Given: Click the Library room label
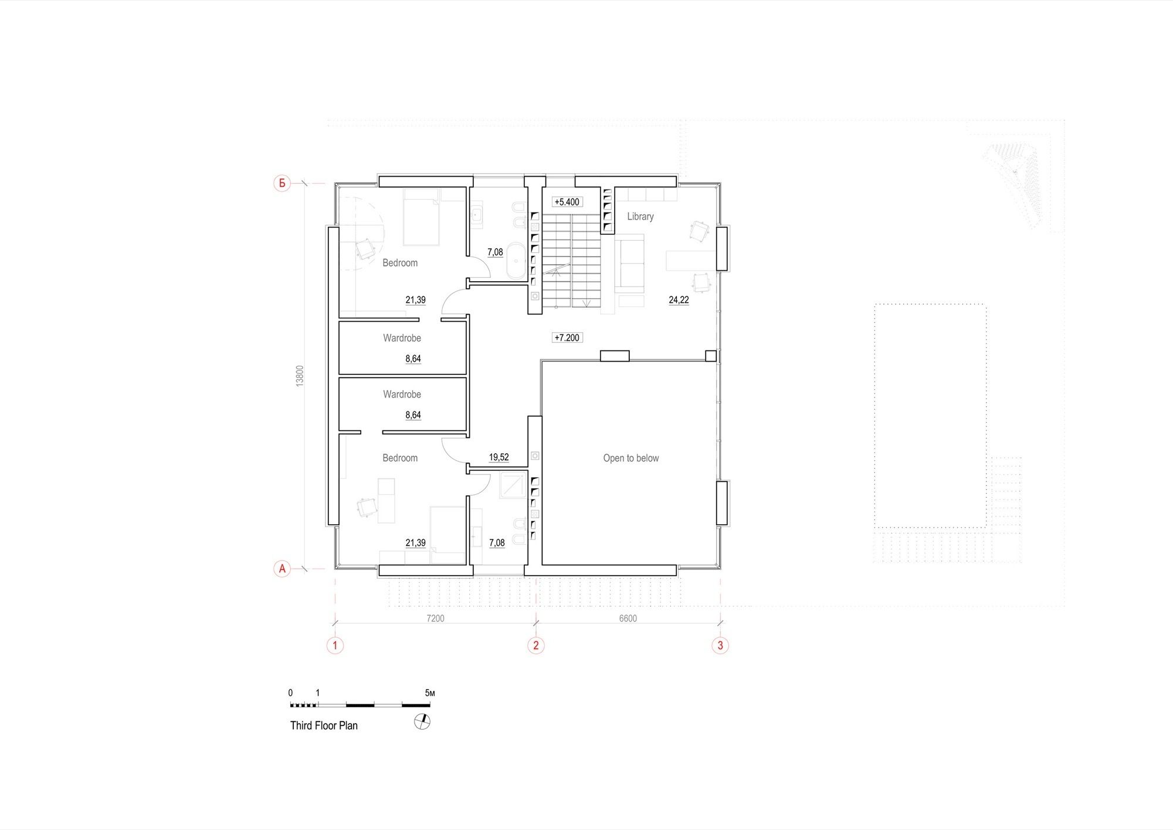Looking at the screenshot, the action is coord(640,217).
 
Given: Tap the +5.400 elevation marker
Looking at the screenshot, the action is coord(567,202).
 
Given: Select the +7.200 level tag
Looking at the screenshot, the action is coord(567,338).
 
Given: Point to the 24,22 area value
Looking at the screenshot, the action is coord(679,300).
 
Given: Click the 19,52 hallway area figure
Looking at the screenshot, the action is coord(499,457).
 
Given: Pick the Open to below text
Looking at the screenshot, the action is coord(631,458).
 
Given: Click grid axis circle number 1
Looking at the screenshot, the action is coord(335,646).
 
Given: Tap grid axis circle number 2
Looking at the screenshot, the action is coord(535,646).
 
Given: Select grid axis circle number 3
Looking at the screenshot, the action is coord(720,646).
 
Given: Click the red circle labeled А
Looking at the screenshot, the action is coord(282,568).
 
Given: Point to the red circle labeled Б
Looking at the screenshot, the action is coord(282,183).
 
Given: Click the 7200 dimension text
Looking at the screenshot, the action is coord(435,618).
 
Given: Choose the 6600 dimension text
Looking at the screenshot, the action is coord(628,618).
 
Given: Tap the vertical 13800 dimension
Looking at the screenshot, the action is coord(300,376).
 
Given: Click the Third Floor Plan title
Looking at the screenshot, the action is coord(324,726).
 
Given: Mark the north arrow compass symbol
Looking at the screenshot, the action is coord(422,721).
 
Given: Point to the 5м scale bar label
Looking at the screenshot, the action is coord(430,693).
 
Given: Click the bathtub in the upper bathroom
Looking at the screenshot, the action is coord(516,260).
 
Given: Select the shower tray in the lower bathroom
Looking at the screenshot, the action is coord(513,485).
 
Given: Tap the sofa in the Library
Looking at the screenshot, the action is coord(629,264).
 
